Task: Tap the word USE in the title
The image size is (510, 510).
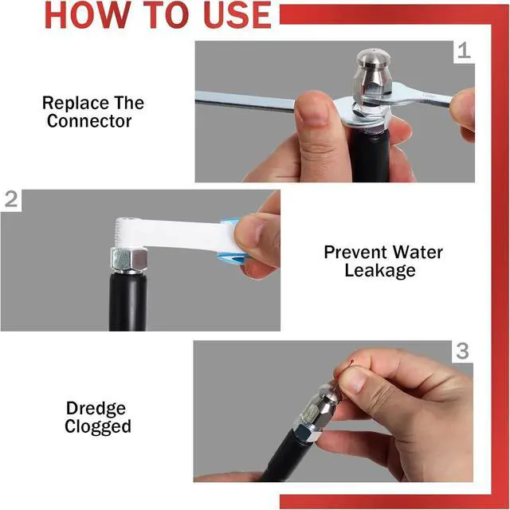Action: click(237, 15)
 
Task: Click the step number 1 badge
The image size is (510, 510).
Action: click(464, 51)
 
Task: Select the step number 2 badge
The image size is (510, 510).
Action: click(11, 199)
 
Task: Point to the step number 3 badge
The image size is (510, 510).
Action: click(462, 351)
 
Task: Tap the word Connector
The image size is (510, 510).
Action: click(89, 120)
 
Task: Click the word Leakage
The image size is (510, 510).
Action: click(380, 271)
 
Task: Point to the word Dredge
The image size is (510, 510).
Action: click(96, 409)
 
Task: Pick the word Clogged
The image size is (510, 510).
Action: click(97, 427)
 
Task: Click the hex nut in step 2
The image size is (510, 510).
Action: click(129, 261)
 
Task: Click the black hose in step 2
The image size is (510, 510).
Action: click(127, 302)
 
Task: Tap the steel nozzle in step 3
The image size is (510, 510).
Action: click(321, 409)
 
